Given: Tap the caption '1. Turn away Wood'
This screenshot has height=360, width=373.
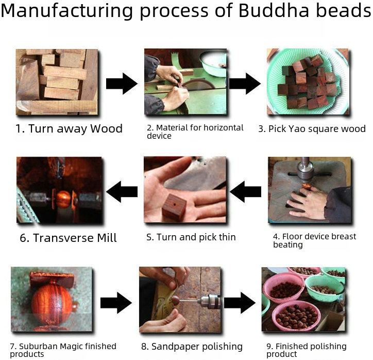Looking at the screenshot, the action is [x=69, y=129].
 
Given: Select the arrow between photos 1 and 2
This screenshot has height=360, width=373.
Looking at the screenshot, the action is [x=122, y=83].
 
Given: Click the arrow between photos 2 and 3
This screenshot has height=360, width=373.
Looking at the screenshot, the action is [x=245, y=83].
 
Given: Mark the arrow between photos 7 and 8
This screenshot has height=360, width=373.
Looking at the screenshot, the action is [x=116, y=303].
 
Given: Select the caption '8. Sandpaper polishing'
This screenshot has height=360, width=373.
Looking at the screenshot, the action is [x=192, y=346].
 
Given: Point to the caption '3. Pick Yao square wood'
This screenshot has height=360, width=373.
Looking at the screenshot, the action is [x=312, y=129].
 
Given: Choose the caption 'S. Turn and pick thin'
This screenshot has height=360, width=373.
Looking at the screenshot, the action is [x=191, y=237].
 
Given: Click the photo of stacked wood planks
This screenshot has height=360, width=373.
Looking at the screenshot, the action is [x=57, y=81].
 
